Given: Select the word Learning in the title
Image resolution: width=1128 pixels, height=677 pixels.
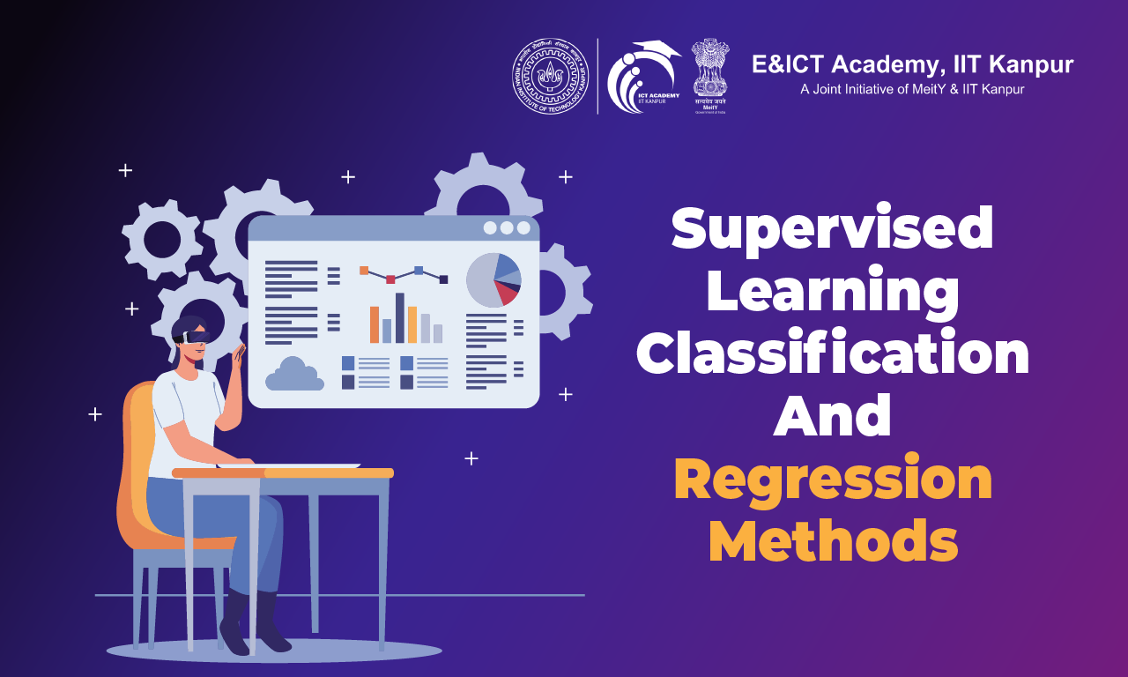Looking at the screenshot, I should [x=832, y=293].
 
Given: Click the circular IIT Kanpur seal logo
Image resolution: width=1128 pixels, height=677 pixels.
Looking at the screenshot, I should [x=550, y=75].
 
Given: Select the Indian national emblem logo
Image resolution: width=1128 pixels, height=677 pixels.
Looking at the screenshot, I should [x=709, y=71].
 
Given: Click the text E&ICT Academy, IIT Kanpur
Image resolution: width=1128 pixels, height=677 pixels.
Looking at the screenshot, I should [x=912, y=64].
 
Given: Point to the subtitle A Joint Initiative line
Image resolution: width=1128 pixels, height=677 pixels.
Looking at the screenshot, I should [x=911, y=89].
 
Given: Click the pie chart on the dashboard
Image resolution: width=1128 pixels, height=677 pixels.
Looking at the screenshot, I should [x=493, y=279].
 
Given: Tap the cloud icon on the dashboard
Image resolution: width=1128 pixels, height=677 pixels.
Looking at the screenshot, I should [x=294, y=375].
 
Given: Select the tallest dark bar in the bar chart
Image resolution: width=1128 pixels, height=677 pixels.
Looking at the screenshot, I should [x=400, y=317].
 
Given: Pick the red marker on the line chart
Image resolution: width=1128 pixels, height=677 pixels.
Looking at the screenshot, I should [x=390, y=279].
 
